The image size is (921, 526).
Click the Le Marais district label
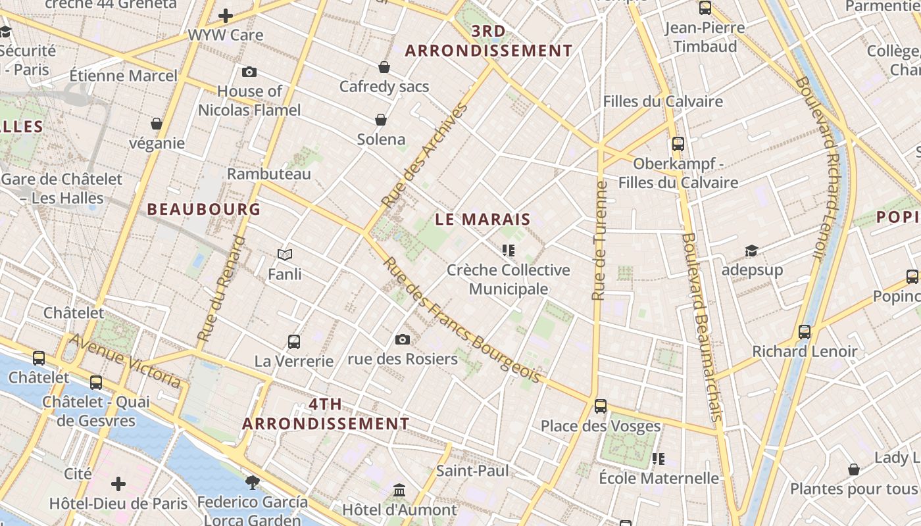tap(483, 220)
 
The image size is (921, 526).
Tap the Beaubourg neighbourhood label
tap(203, 210)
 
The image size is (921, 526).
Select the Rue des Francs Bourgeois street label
tap(462, 320)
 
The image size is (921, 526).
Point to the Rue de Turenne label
tap(599, 241)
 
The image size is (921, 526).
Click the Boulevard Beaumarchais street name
tap(703, 327)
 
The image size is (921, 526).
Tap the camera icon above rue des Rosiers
tap(403, 339)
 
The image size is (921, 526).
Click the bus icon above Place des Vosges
tap(601, 406)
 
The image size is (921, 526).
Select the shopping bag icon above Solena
tap(381, 119)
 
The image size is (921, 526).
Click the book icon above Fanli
tap(285, 254)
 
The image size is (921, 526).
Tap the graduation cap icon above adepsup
tap(751, 251)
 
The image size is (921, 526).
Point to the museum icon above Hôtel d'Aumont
tap(399, 490)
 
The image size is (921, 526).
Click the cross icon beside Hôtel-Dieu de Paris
tap(118, 485)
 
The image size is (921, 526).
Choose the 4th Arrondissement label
tap(326, 414)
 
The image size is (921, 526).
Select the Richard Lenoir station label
tap(805, 352)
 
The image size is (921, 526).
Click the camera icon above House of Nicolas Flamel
tap(249, 72)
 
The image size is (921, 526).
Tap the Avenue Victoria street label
tap(125, 360)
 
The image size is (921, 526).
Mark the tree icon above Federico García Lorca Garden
tap(252, 483)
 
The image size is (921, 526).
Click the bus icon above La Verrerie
tap(294, 341)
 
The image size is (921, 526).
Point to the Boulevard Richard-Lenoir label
tap(819, 167)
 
